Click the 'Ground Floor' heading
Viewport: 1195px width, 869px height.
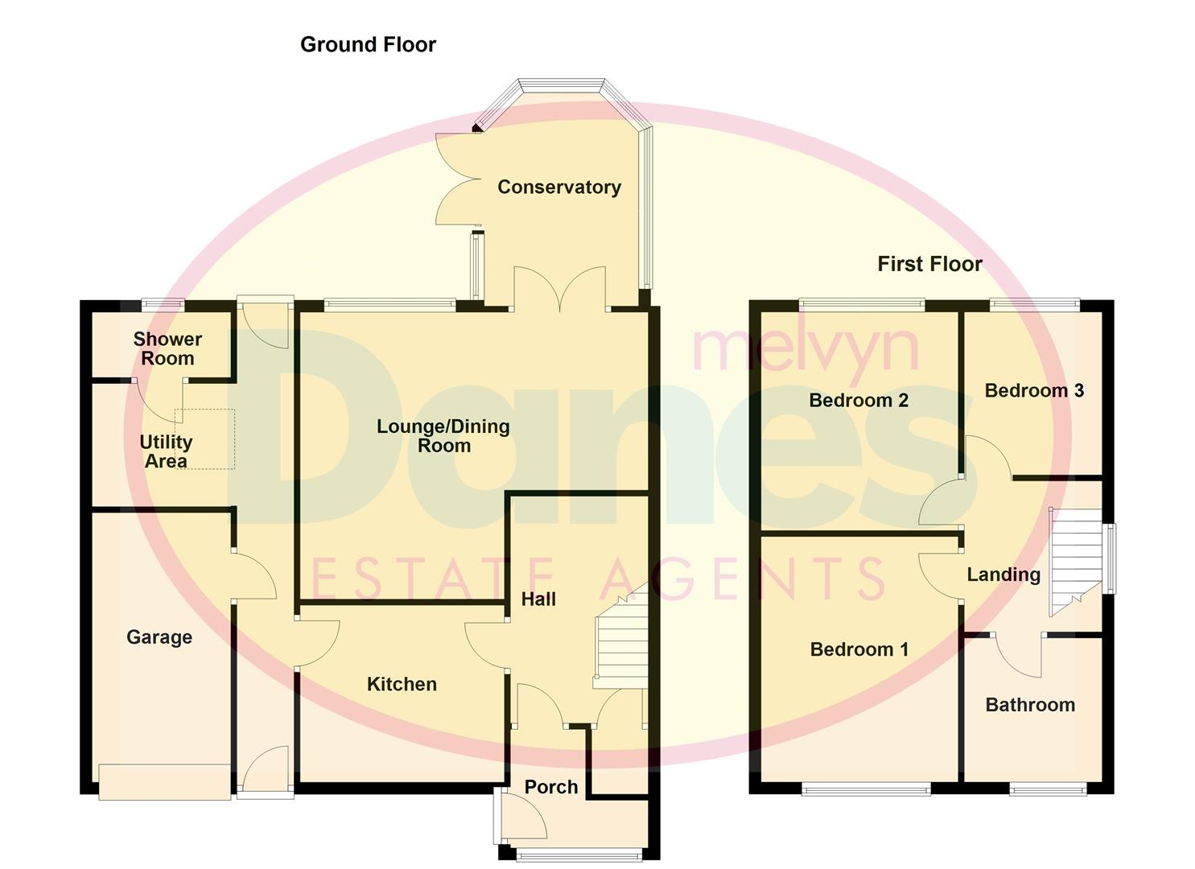click(x=368, y=44)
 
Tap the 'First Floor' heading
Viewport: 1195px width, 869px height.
click(x=929, y=264)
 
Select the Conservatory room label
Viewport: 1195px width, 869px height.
click(x=559, y=187)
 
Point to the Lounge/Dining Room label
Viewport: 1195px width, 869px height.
click(x=443, y=436)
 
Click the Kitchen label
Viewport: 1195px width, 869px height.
click(x=402, y=684)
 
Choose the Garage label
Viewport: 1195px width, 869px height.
click(x=159, y=637)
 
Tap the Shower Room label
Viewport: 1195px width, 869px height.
click(x=167, y=348)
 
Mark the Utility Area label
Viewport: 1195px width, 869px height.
click(x=166, y=451)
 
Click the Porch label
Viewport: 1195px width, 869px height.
click(x=551, y=787)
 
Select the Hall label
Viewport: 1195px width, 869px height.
click(x=538, y=599)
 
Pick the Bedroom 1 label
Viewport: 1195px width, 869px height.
click(x=859, y=649)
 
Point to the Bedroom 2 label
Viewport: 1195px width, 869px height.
click(x=859, y=400)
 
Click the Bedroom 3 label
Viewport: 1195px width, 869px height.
click(x=1034, y=390)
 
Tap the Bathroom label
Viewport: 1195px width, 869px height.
click(x=1030, y=705)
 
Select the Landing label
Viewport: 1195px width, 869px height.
click(x=1003, y=575)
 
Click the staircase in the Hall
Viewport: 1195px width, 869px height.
click(x=620, y=644)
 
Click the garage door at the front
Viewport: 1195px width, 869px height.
click(x=164, y=781)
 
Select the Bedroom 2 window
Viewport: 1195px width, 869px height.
click(x=862, y=304)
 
